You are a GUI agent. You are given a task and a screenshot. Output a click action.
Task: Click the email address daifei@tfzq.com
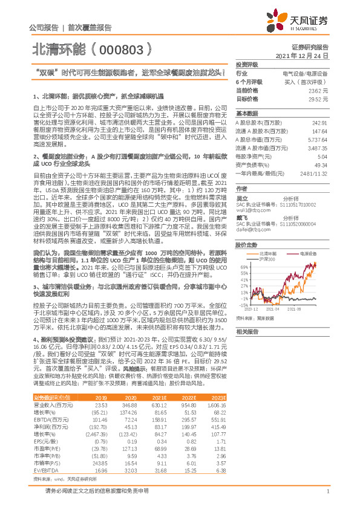point(250,229)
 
